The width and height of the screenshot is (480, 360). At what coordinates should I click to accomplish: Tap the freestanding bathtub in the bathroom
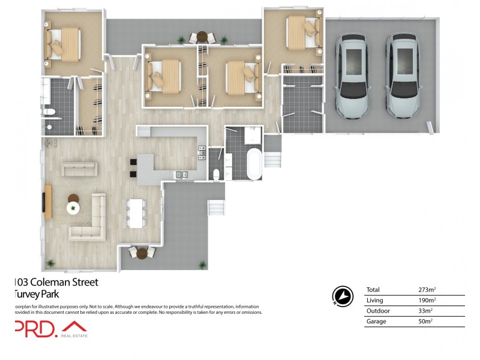(254, 165)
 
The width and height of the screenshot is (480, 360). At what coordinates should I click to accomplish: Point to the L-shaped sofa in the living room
(90, 222)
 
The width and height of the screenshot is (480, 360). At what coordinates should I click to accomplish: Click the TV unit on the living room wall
(47, 201)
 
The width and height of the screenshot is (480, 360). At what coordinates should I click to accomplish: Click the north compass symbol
(342, 296)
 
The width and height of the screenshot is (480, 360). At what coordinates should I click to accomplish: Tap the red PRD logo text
(36, 328)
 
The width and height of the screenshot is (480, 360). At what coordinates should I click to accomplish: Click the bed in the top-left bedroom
(63, 44)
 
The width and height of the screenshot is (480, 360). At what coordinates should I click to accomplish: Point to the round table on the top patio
(202, 37)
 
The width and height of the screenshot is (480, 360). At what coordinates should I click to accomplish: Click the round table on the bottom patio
(142, 253)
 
